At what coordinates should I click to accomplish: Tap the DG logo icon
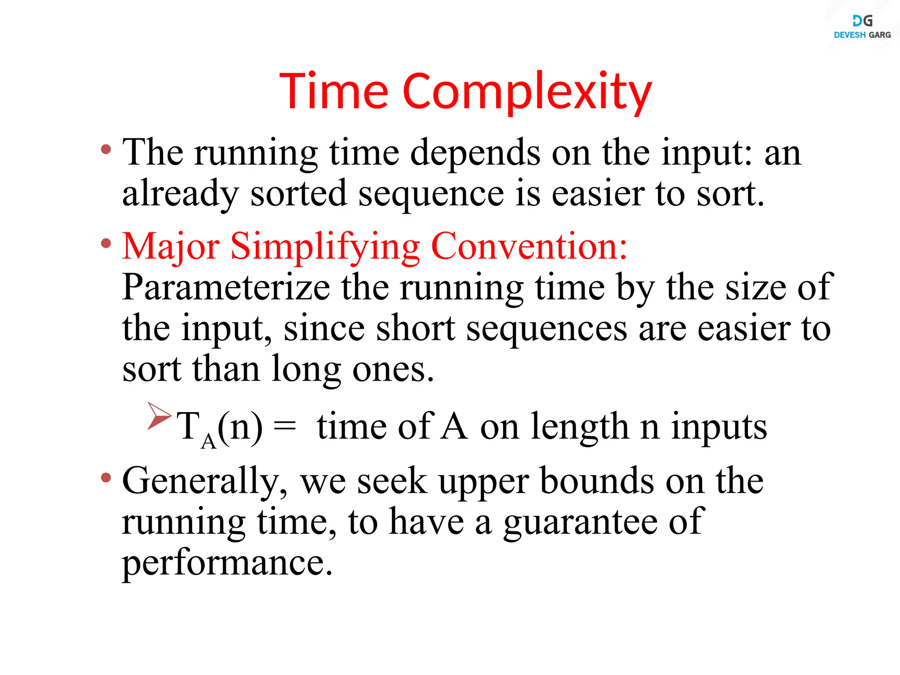pyautogui.click(x=862, y=21)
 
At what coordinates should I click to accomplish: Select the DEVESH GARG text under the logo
pyautogui.click(x=862, y=35)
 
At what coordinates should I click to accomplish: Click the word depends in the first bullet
pyautogui.click(x=475, y=153)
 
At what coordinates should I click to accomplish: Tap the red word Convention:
pyautogui.click(x=529, y=246)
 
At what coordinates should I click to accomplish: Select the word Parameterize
pyautogui.click(x=226, y=287)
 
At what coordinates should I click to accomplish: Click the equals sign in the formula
pyautogui.click(x=285, y=426)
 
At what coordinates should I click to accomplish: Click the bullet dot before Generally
pyautogui.click(x=106, y=477)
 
